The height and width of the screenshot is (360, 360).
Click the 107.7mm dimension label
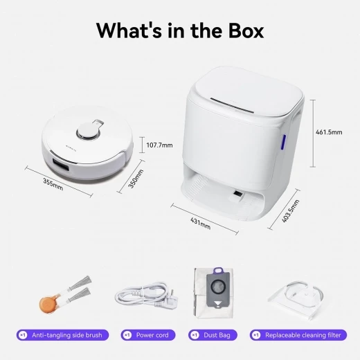click(x=159, y=145)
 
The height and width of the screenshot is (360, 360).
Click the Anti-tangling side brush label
click(x=68, y=335)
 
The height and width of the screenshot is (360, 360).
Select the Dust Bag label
click(x=215, y=335)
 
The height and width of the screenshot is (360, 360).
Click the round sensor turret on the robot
click(x=87, y=130)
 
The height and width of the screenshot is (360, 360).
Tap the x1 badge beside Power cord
click(x=127, y=335)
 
